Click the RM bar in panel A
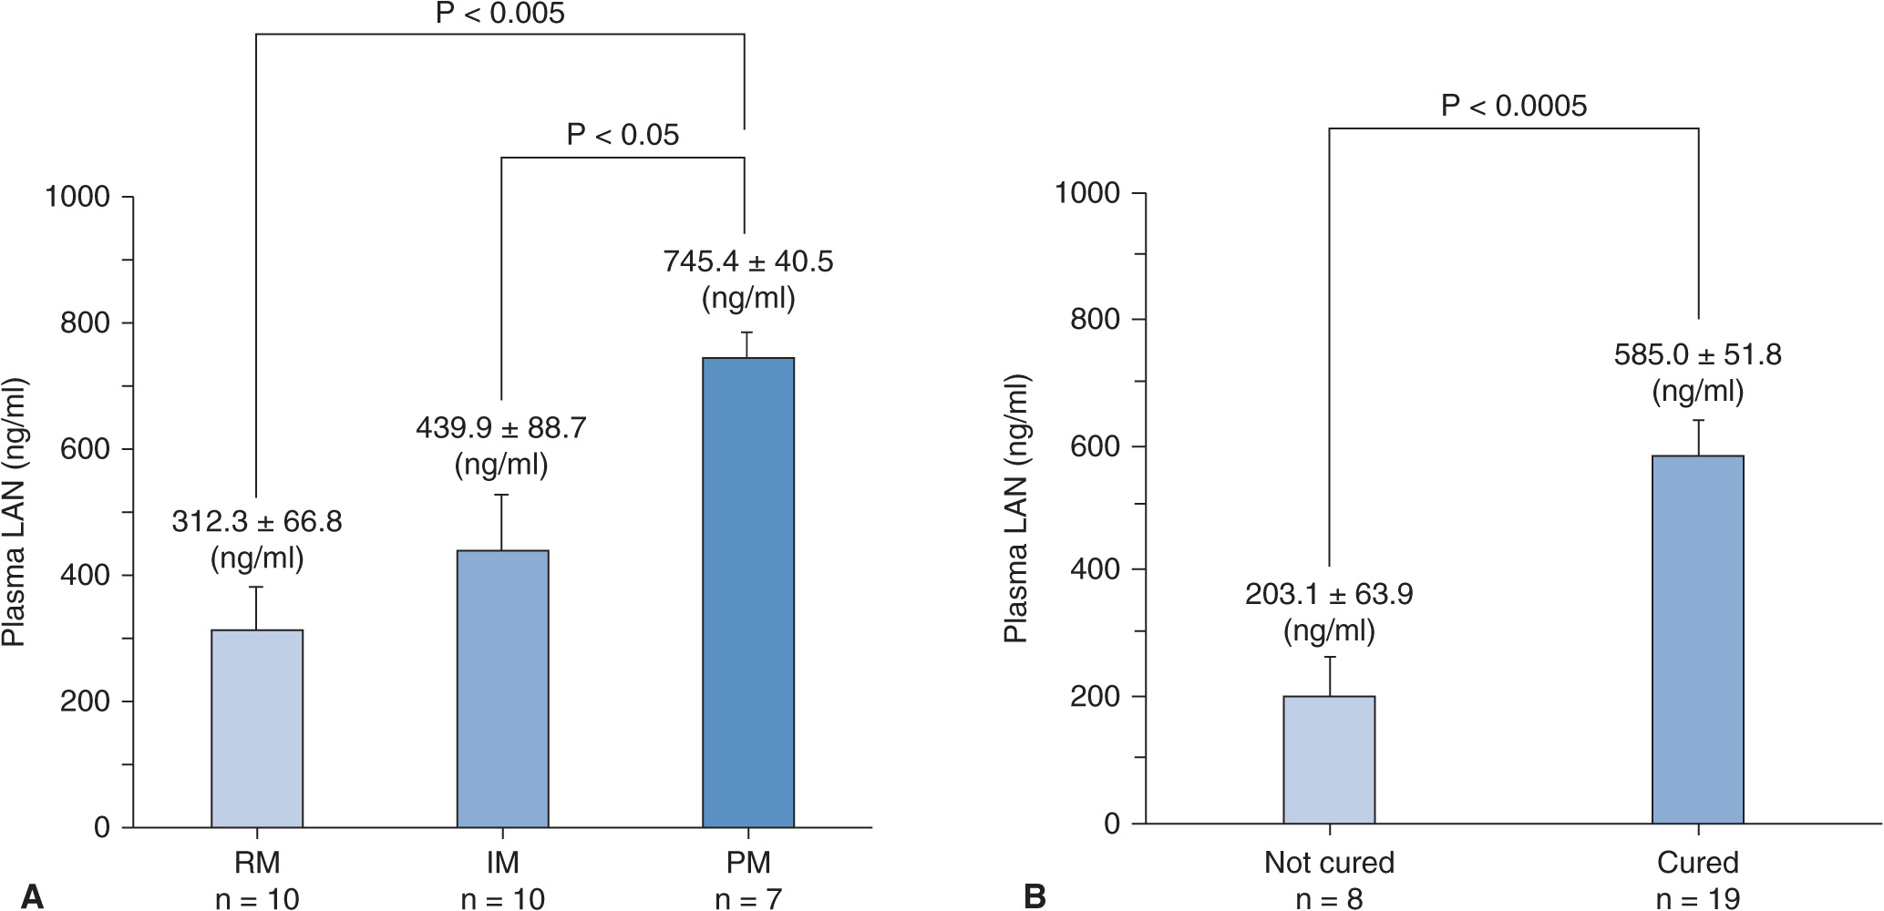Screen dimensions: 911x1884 (257, 729)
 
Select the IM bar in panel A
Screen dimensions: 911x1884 (502, 689)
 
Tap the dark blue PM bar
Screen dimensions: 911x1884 (748, 592)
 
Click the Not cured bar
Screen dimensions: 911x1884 (1329, 760)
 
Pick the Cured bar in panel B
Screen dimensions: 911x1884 (1697, 640)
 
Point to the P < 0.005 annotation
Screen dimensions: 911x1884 (499, 14)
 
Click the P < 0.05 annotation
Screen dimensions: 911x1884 (623, 135)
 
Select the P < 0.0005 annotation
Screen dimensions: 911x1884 (1513, 106)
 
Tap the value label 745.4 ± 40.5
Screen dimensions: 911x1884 (747, 261)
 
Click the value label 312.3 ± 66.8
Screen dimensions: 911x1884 (257, 522)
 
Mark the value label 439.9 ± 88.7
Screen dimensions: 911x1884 (501, 428)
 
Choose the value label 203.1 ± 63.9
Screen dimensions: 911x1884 (1329, 594)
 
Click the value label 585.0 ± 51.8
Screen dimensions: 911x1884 (1697, 353)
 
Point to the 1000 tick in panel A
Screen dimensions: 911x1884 (77, 197)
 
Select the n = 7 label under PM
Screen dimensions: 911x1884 (747, 899)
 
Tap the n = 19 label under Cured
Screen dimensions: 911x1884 (1697, 899)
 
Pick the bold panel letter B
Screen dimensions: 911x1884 (1035, 896)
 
